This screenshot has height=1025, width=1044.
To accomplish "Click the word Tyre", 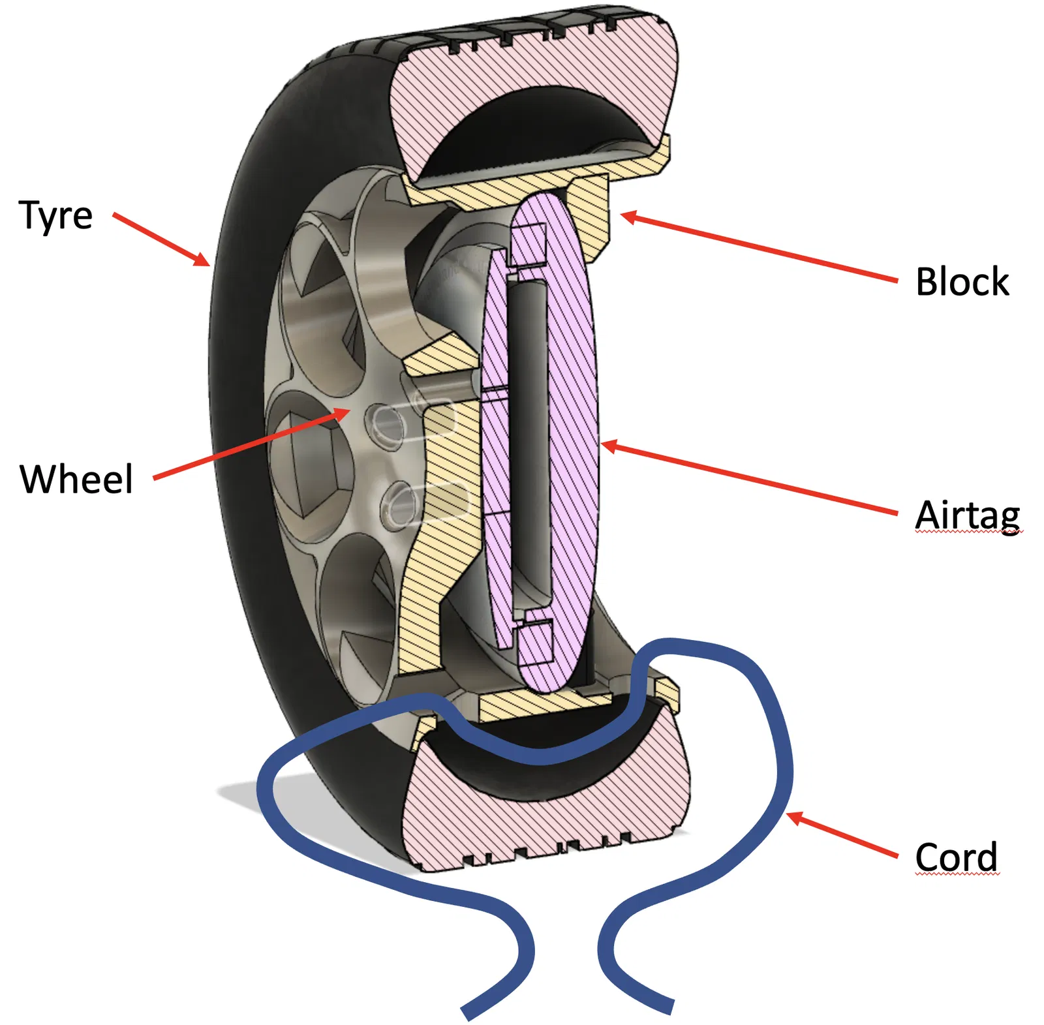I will (55, 216).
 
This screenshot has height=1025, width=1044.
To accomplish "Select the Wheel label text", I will (76, 480).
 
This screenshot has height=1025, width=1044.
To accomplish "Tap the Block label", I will (962, 282).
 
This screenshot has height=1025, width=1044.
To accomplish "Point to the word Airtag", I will (967, 515).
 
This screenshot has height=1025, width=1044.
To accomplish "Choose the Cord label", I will (956, 857).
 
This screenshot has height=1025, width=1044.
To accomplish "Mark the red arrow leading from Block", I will (757, 247).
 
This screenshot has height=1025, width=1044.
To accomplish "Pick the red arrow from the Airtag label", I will (750, 480).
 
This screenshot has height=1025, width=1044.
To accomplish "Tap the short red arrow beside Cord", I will (842, 834).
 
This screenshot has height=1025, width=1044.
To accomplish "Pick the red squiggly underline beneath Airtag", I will (968, 532).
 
